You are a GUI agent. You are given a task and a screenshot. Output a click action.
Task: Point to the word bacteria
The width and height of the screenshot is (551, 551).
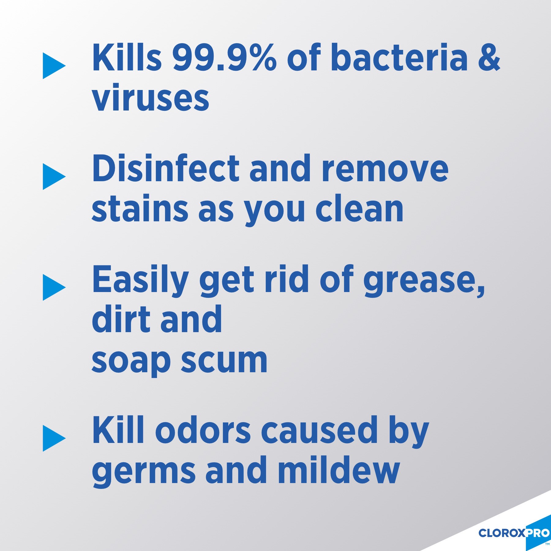click(399, 58)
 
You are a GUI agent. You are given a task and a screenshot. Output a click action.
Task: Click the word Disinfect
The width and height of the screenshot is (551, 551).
click(166, 168)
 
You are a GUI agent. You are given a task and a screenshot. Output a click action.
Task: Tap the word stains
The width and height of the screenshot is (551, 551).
click(140, 209)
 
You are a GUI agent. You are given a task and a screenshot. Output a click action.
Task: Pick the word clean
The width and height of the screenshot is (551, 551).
click(359, 209)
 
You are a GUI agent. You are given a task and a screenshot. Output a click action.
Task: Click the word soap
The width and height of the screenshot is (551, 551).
click(131, 361)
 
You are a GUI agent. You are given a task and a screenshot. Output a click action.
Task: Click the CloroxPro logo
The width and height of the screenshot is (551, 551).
click(514, 533)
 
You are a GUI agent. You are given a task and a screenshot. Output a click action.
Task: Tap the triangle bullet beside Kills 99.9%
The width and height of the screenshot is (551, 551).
click(53, 66)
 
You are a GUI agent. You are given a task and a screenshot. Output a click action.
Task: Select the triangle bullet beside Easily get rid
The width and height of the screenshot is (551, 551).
click(53, 287)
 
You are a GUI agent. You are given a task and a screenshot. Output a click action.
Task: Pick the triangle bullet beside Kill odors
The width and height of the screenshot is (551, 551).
click(53, 438)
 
